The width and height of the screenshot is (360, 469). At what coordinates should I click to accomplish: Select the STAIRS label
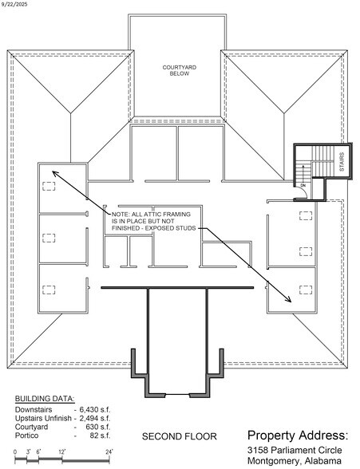pos(342,162)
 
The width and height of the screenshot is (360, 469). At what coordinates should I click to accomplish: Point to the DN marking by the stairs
pos(303,186)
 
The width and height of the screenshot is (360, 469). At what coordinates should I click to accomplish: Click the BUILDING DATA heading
pos(45,398)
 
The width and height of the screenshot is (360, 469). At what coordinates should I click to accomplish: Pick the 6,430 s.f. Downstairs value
pos(96,410)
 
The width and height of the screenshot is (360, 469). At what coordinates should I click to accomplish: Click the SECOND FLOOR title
pos(176,437)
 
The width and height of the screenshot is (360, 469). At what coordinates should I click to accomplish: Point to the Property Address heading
pos(297,435)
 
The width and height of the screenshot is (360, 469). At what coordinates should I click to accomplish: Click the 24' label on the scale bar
pos(109,452)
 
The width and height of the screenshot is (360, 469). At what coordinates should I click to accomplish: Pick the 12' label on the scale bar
pos(62,452)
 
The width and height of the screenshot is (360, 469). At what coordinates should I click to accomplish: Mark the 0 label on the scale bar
pos(15,452)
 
